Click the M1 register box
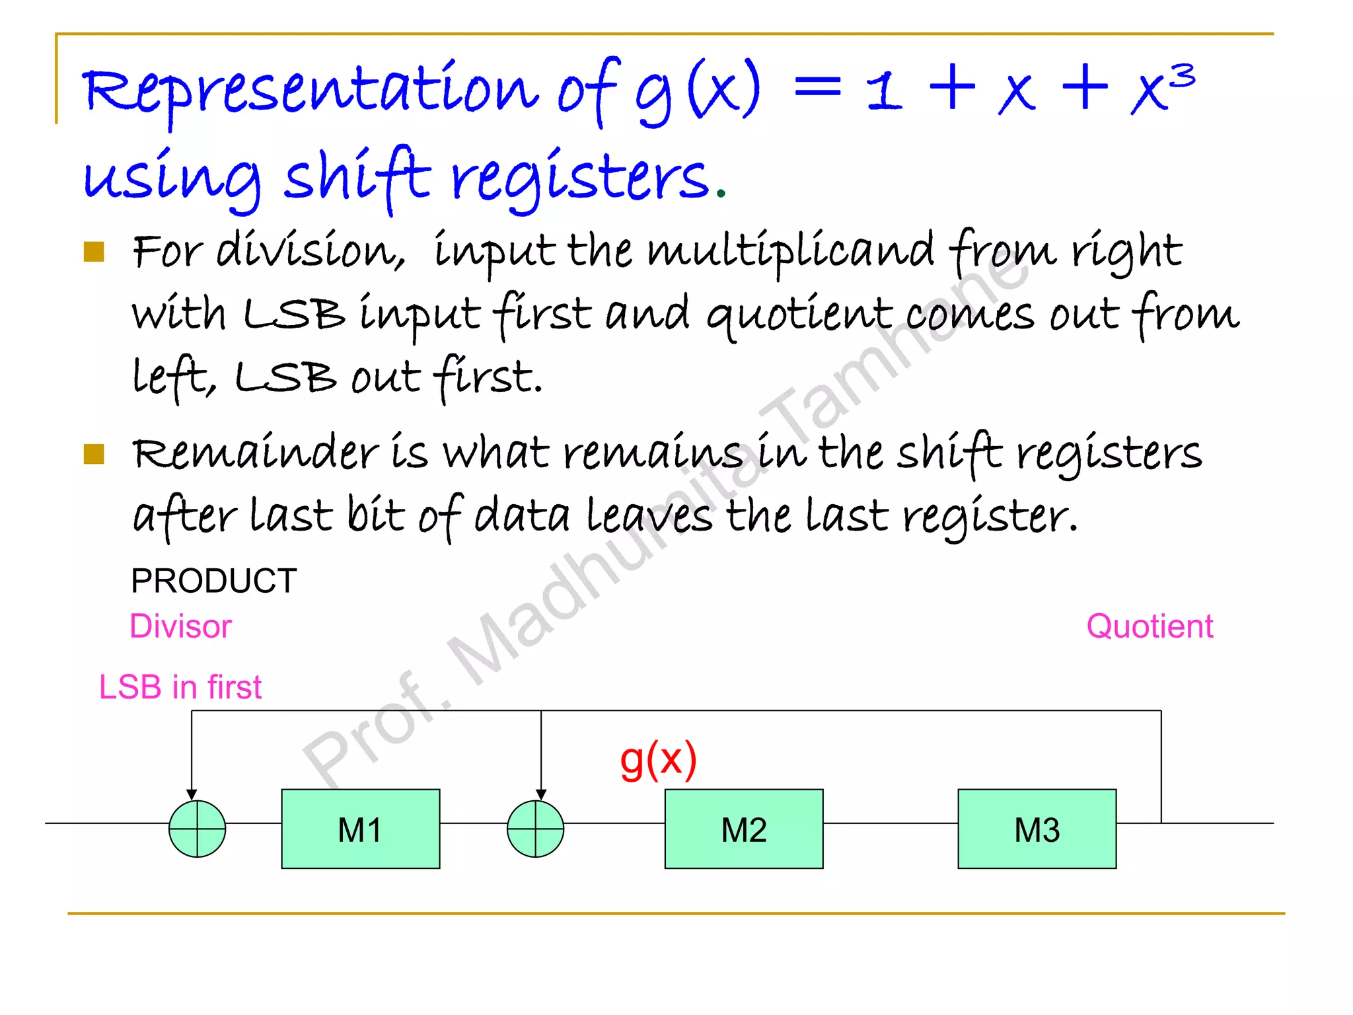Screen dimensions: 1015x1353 click(x=360, y=829)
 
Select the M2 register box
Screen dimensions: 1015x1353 click(x=744, y=829)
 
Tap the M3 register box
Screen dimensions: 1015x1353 click(x=1037, y=829)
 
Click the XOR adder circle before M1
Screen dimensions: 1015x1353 click(x=197, y=829)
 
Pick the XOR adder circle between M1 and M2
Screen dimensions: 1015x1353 click(x=535, y=829)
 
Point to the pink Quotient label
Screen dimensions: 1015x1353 click(x=1150, y=626)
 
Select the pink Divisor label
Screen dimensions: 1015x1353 click(x=180, y=626)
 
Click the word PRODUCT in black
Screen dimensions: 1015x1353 click(x=213, y=581)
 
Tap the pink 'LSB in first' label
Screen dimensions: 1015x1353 click(x=180, y=687)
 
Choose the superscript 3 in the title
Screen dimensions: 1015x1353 click(x=1183, y=76)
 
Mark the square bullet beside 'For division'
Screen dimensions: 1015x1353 click(x=94, y=252)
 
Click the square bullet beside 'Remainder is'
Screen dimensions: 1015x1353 click(x=94, y=454)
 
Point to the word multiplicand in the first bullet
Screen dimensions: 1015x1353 click(x=790, y=251)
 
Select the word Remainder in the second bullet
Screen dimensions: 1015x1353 click(x=255, y=453)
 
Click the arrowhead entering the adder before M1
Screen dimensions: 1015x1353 click(x=192, y=794)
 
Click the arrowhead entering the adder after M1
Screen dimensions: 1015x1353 click(x=541, y=794)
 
